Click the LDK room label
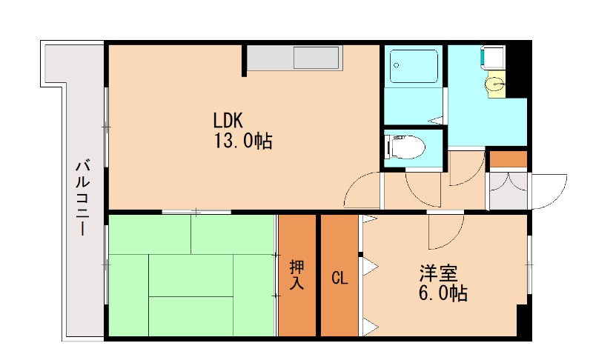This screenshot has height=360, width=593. pos(228,120)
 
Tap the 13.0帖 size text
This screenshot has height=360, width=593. pos(243,140)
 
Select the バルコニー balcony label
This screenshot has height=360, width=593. pos(82,196)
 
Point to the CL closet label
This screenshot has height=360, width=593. pos(339,279)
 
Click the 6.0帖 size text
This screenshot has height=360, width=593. pos(443,293)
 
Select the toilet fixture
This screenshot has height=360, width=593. pos(406,146)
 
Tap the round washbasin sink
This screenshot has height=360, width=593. pos(494,85)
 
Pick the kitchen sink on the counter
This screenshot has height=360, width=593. pos(316,58)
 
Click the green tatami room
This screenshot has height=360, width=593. pos(191,276)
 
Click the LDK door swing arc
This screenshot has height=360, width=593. pos(363,191)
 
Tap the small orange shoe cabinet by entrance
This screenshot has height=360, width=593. pos(508,158)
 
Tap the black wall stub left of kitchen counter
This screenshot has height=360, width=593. pos(244,60)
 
